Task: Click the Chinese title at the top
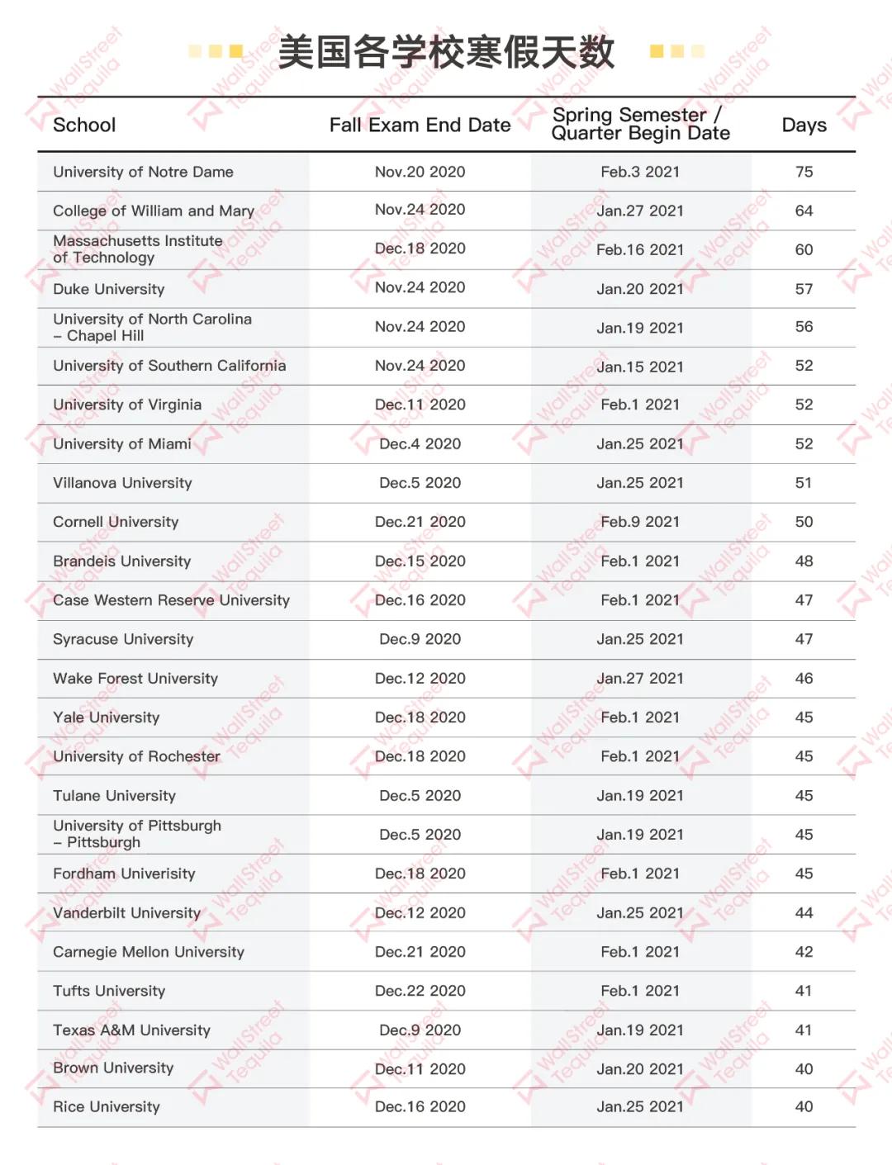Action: tap(446, 52)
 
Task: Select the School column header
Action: tap(84, 125)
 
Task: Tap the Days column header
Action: tap(804, 125)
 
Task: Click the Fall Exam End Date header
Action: tap(420, 125)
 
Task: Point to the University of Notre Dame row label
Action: tap(143, 172)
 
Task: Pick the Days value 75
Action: tap(804, 172)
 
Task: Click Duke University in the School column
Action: tap(108, 289)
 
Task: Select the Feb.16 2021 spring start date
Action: tap(640, 249)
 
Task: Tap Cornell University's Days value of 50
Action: tap(804, 522)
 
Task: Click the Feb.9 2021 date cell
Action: tap(640, 522)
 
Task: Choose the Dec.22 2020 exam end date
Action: tap(420, 991)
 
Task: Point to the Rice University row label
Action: tap(106, 1107)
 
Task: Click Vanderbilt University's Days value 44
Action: tap(804, 913)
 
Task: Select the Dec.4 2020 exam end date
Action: tap(420, 444)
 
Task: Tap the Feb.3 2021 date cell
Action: tap(640, 172)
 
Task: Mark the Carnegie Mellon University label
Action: tap(149, 952)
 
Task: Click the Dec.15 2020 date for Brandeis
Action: tap(420, 561)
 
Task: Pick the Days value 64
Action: tap(804, 211)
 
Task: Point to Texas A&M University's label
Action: tap(131, 1030)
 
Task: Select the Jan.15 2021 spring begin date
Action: tap(640, 367)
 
